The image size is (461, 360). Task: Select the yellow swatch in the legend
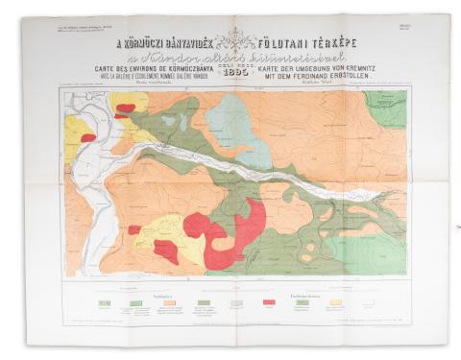[x=335, y=302]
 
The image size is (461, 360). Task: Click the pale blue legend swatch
[x=236, y=302]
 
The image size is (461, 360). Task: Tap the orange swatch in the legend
[x=170, y=302]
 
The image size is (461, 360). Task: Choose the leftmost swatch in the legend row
[x=104, y=302]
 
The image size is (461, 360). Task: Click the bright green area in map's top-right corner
[x=386, y=106]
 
